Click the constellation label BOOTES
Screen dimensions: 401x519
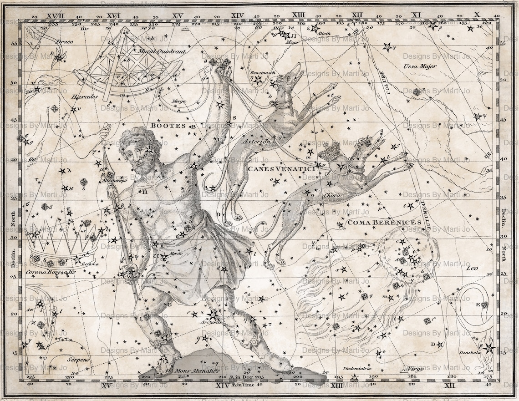pos(168,126)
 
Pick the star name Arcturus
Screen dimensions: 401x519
pos(213,322)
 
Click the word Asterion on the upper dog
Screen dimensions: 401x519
pos(256,142)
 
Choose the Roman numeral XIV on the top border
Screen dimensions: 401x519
pos(237,15)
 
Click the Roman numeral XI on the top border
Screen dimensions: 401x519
pos(416,15)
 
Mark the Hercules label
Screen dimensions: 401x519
pos(84,96)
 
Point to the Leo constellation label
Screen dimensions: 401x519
pos(472,268)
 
